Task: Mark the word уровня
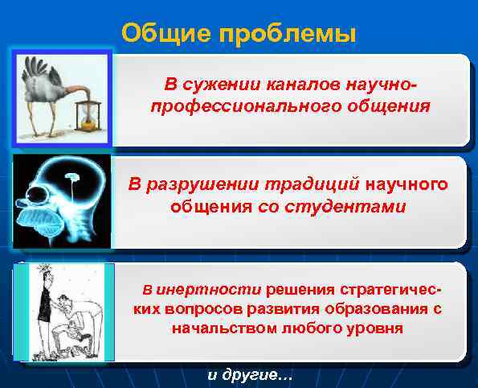tap(357, 329)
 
